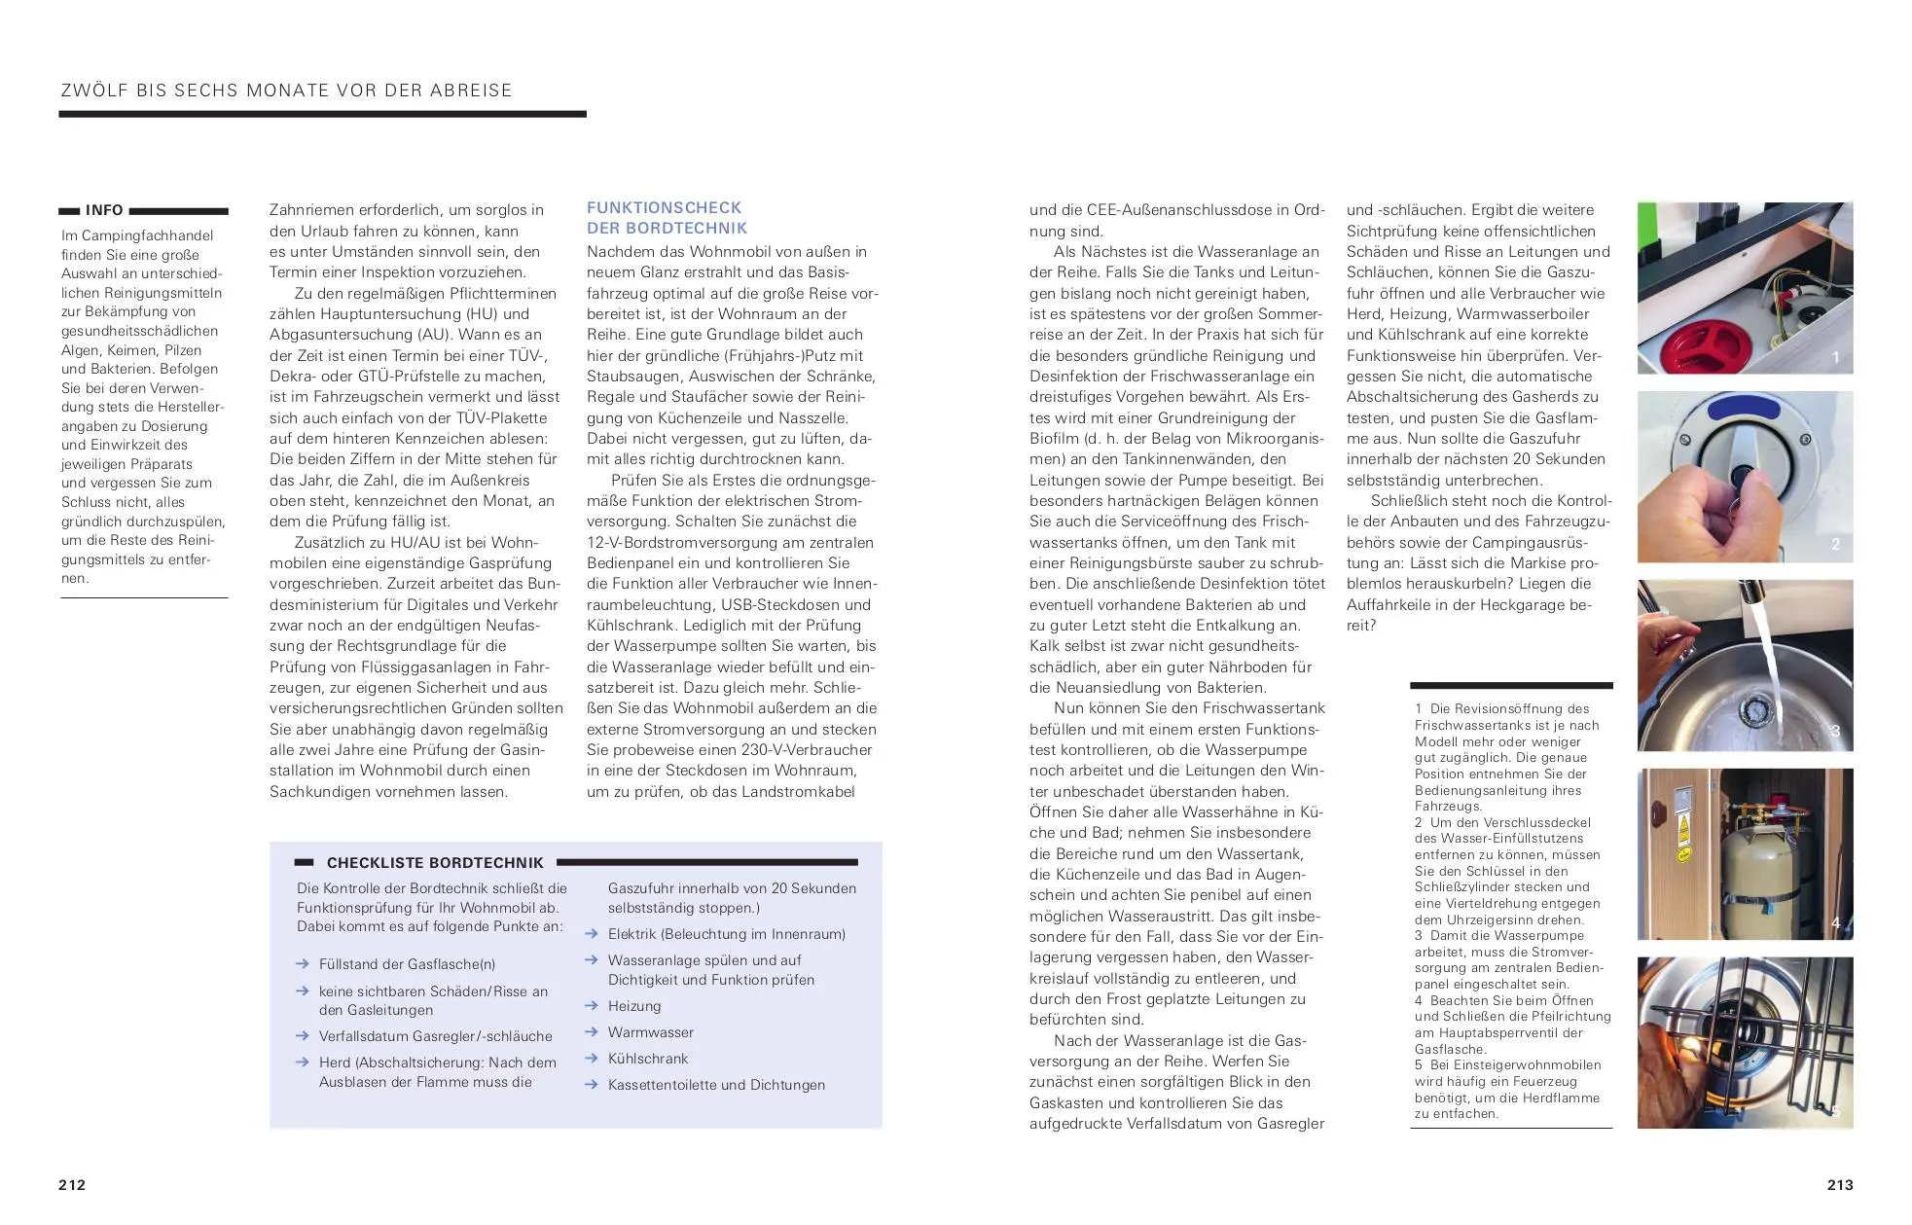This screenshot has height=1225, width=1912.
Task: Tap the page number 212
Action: (x=72, y=1184)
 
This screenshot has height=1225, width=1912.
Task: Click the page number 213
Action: (x=1839, y=1184)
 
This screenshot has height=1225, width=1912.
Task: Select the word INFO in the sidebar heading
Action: (x=104, y=210)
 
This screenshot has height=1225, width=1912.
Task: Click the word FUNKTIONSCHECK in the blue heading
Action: (x=664, y=207)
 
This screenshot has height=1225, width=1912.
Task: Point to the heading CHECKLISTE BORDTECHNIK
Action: (x=435, y=862)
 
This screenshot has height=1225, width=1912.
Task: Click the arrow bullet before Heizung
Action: (x=591, y=1006)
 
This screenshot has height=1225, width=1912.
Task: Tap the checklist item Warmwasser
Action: (x=650, y=1032)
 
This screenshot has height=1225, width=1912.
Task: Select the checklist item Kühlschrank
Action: (x=648, y=1059)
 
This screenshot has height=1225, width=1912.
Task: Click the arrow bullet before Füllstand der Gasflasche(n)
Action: (x=303, y=964)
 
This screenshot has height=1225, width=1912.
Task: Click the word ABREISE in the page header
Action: (x=472, y=90)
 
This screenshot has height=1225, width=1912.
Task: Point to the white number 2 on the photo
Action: (x=1835, y=544)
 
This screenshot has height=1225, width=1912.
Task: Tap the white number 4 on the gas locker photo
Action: (x=1835, y=922)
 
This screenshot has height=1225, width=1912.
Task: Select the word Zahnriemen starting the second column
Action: (x=309, y=210)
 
